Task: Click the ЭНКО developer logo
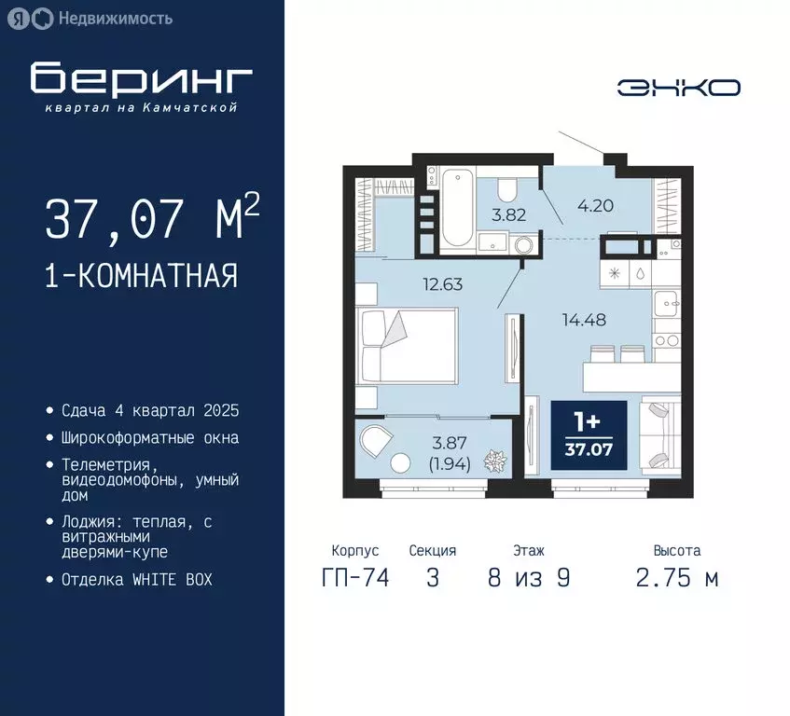[x=678, y=88]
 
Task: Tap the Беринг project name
[x=141, y=80]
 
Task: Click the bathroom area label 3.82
[x=509, y=213]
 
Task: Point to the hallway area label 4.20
[x=596, y=206]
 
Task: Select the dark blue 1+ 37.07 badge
[x=588, y=435]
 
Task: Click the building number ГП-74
[x=354, y=578]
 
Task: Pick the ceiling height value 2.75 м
[x=677, y=578]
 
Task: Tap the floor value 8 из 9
[x=528, y=578]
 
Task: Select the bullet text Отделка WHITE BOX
[x=137, y=579]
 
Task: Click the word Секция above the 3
[x=433, y=551]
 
